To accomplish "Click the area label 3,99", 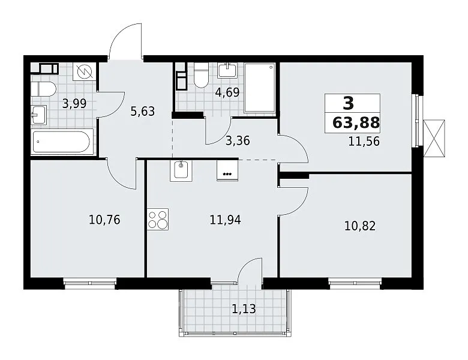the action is tap(74, 104).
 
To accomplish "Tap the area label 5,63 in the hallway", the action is tap(143, 112).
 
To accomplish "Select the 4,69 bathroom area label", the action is tap(227, 92).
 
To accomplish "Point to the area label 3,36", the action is tap(238, 140).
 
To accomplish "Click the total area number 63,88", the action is tap(356, 122).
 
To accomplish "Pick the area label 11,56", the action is tap(364, 141).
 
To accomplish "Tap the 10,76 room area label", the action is tap(104, 220).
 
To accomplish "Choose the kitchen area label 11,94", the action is tap(226, 220).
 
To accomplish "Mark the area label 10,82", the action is tap(360, 226).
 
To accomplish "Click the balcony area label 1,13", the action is tap(244, 309).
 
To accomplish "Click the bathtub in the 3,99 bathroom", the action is tap(62, 142).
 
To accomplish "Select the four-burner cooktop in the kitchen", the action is tap(158, 220).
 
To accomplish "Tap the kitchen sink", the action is tap(181, 171).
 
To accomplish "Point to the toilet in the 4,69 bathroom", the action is tap(201, 75).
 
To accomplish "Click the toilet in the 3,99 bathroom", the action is tap(44, 89).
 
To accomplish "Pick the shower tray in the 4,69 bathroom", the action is tap(260, 88).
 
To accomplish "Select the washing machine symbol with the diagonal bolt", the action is tap(85, 71).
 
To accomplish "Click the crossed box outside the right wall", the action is tap(434, 138).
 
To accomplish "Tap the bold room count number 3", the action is tap(349, 103).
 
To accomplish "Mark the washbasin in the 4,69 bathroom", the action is tap(228, 70).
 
